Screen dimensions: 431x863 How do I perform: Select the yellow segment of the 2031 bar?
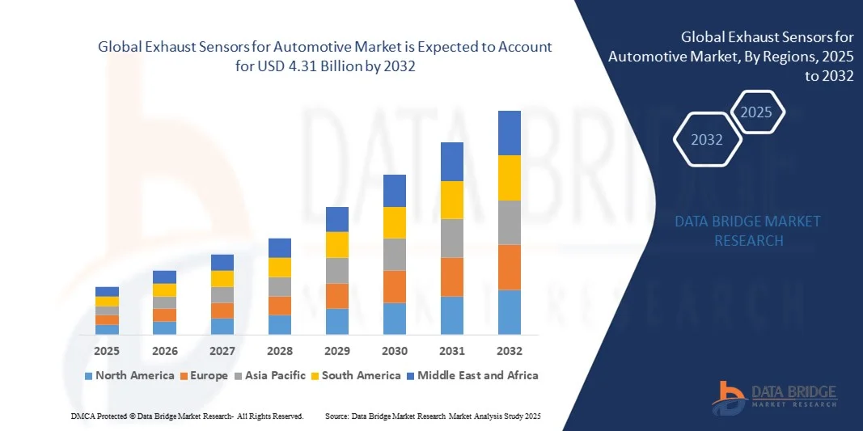[451, 200]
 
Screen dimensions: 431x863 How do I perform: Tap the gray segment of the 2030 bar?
[394, 254]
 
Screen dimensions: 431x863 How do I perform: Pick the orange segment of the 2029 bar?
[336, 296]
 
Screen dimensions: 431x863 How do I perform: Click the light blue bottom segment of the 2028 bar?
[279, 324]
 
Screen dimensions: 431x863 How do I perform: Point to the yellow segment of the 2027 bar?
[222, 278]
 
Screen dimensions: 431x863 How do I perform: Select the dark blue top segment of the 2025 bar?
[107, 291]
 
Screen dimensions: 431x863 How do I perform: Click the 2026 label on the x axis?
[164, 351]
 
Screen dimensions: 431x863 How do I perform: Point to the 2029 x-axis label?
[336, 351]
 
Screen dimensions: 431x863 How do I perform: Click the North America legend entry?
[129, 375]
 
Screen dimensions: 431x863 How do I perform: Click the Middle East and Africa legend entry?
[473, 375]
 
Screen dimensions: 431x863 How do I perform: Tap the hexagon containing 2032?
[707, 140]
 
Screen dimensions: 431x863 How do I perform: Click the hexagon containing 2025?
[757, 112]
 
